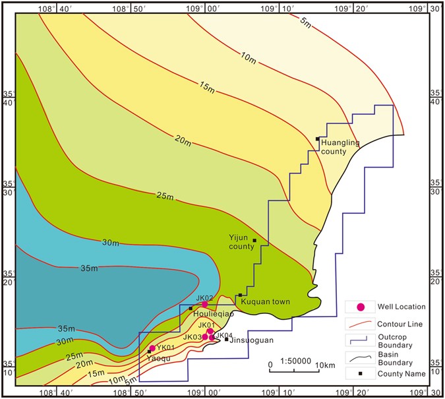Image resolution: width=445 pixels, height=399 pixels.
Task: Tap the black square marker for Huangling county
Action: [318, 138]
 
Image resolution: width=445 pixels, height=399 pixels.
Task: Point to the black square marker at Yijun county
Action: [254, 240]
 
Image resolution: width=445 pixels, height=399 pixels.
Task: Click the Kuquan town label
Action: [266, 302]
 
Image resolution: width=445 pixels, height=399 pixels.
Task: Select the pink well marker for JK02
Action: [205, 304]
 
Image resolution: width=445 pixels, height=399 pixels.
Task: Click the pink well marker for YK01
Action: [152, 348]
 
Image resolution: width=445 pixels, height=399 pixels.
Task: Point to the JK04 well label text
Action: [224, 335]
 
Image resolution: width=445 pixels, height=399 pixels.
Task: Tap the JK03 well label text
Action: [192, 338]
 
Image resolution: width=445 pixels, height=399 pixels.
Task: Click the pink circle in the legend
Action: [361, 307]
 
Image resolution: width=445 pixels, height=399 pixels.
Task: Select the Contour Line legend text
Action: [400, 324]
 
